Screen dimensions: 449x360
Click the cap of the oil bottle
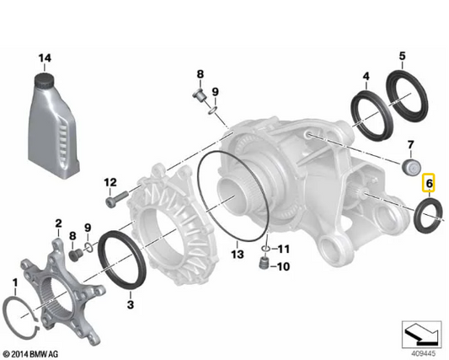[x=45, y=81]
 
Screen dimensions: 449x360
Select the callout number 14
[x=45, y=58]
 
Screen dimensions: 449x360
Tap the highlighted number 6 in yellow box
[x=430, y=183]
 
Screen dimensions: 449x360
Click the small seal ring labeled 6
[x=429, y=215]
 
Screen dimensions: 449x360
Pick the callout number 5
[x=403, y=56]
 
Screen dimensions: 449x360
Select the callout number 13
[x=238, y=254]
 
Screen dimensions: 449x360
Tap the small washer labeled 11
[x=266, y=248]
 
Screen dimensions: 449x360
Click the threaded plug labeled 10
[x=263, y=263]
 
